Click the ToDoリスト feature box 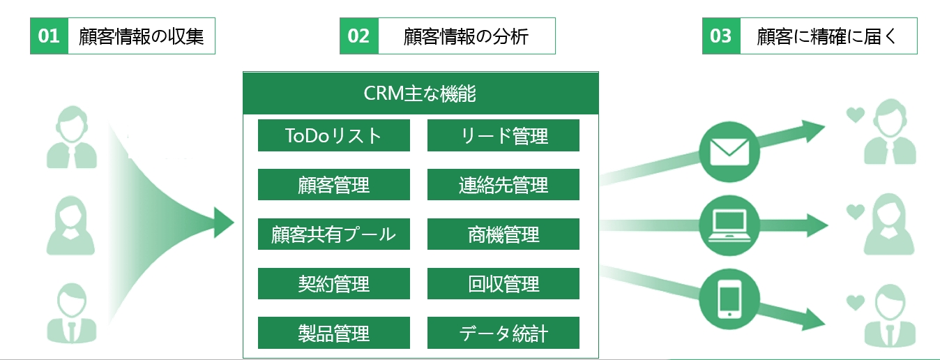click(x=333, y=135)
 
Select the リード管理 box click(x=503, y=135)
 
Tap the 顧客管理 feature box click(x=333, y=184)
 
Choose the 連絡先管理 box click(x=503, y=184)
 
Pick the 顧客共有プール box click(x=333, y=234)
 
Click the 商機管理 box click(x=503, y=234)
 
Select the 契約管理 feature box click(x=333, y=283)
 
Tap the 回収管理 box click(x=503, y=283)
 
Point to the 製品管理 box click(x=333, y=333)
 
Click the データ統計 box click(x=503, y=333)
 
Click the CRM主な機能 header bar click(x=420, y=93)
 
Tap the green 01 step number click(x=49, y=36)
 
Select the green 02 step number click(x=359, y=36)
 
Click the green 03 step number click(x=721, y=36)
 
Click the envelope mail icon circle click(x=729, y=152)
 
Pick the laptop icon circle click(x=729, y=225)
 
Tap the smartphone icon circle click(x=729, y=299)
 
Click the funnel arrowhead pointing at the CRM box click(x=224, y=223)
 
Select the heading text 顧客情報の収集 click(x=141, y=36)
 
